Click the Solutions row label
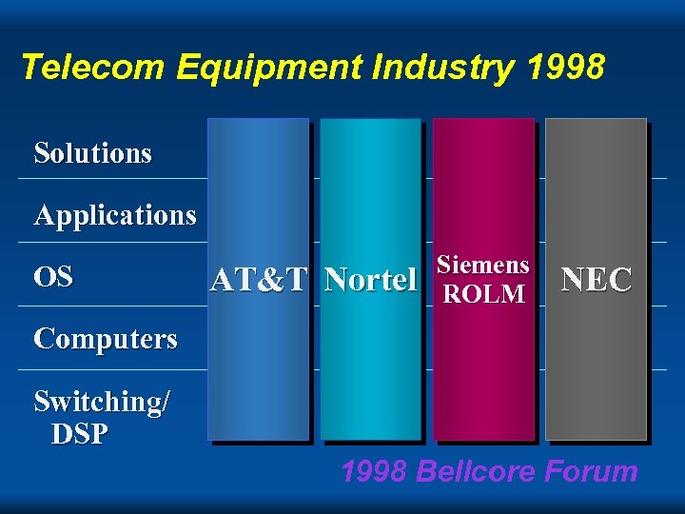point(92,153)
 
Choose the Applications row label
point(114,216)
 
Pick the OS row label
point(52,277)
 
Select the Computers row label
point(105,339)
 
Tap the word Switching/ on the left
point(102,403)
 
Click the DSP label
point(80,434)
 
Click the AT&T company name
point(259,280)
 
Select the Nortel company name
point(370,280)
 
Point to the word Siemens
point(483,266)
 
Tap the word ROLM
point(483,294)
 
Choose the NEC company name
point(597,280)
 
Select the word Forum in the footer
point(594,471)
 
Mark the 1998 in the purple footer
point(375,471)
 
